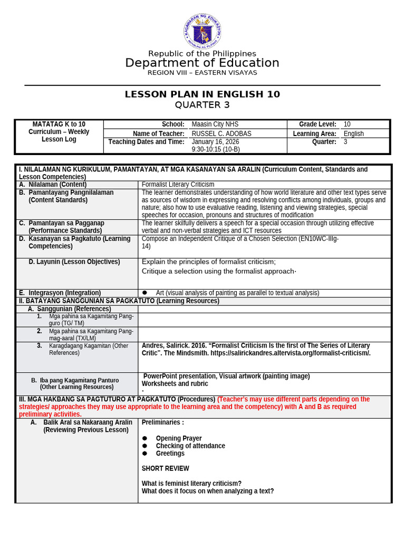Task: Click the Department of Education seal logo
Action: tap(202, 31)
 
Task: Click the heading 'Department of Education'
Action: tap(202, 63)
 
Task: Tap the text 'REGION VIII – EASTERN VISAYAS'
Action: tap(202, 73)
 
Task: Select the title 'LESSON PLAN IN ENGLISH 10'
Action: tap(202, 94)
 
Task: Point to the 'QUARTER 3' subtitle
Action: tap(202, 105)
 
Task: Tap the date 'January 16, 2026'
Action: tap(215, 142)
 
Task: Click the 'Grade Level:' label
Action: tap(317, 124)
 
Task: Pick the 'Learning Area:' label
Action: tap(314, 134)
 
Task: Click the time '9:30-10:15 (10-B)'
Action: tap(216, 149)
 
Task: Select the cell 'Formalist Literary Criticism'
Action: tap(178, 185)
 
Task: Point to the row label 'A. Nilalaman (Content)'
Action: tap(53, 185)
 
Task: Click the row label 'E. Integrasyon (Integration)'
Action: tap(60, 293)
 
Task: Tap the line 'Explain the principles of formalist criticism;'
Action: tap(209, 262)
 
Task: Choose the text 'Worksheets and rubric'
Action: tap(175, 384)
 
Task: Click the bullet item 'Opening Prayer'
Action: tap(178, 439)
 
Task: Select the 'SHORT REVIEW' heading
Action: tap(165, 468)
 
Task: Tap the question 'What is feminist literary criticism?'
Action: tap(191, 484)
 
